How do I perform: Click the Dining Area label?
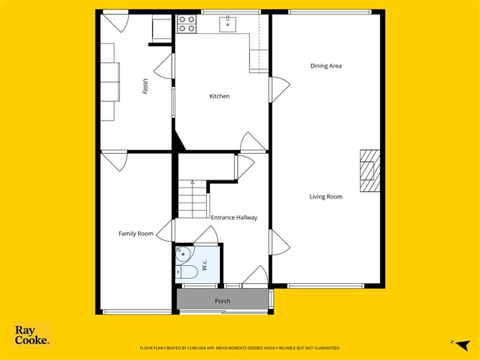[x=326, y=66]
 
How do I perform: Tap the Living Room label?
[x=326, y=196]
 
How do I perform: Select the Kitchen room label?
[x=219, y=96]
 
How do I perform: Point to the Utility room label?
[x=144, y=86]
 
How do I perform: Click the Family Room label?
[x=136, y=234]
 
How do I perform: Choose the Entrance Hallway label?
[x=234, y=217]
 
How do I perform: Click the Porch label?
[x=223, y=301]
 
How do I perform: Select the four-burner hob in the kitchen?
[x=187, y=24]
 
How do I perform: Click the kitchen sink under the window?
[x=229, y=24]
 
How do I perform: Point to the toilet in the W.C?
[x=187, y=272]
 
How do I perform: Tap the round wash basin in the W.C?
[x=183, y=253]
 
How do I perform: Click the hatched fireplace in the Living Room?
[x=369, y=171]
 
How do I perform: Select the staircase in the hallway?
[x=193, y=199]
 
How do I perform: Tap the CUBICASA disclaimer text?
[x=240, y=347]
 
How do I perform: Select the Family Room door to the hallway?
[x=166, y=231]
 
